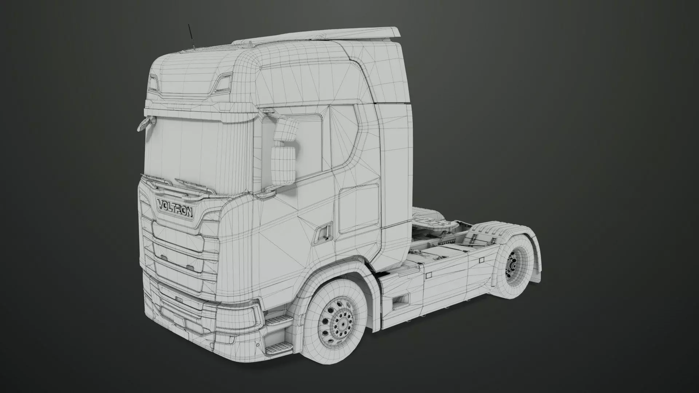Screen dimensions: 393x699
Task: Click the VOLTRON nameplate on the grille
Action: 175,208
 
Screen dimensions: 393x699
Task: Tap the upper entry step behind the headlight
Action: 279,320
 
